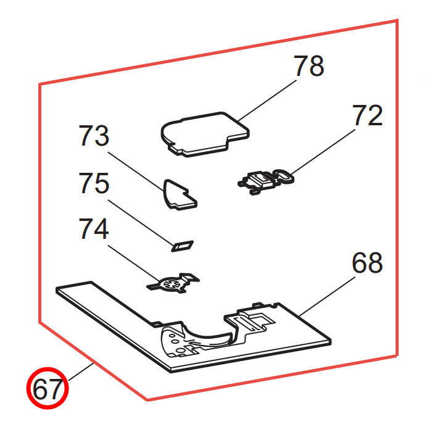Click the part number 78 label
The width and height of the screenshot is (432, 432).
point(309,65)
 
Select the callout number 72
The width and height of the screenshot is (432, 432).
point(368,115)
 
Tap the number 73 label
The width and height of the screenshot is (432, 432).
point(94,136)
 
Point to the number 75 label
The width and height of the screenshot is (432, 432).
point(94,183)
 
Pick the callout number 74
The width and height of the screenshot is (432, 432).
point(94,229)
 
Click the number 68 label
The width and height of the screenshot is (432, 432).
point(367,263)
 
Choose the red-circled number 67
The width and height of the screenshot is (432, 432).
point(48,388)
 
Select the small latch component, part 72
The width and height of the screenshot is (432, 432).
point(266,181)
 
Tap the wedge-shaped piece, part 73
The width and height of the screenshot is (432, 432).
point(180,195)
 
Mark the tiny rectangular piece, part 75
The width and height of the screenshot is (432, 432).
point(183,246)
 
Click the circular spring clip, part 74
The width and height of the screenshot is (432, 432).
point(173,283)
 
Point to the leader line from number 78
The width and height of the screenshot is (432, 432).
point(267,100)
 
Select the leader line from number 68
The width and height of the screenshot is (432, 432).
point(327,296)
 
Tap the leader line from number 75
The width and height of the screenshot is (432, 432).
point(141,222)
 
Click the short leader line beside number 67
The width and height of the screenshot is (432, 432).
point(81,372)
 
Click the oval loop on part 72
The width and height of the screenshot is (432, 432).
point(284,176)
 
